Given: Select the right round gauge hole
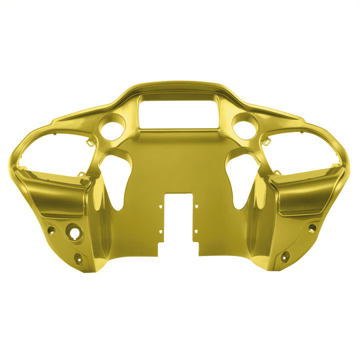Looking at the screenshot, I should click(245, 126).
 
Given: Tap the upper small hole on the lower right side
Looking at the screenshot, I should click(311, 228).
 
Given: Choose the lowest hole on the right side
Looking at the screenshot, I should click(285, 255).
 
